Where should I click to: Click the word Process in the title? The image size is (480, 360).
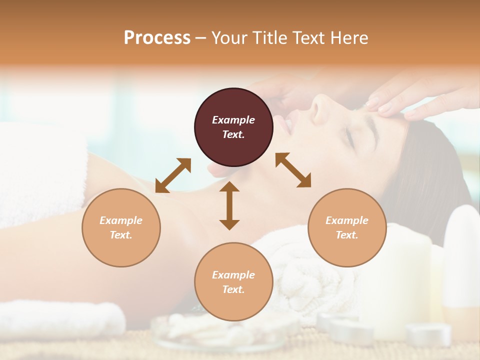(157, 38)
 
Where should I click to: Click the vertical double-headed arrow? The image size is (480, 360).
(229, 205)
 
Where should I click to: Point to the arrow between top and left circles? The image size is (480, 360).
(173, 175)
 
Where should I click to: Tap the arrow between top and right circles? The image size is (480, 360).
(293, 170)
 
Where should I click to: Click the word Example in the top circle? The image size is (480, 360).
(233, 120)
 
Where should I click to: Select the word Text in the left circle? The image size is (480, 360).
(121, 235)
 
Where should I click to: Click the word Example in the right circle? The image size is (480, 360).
(347, 220)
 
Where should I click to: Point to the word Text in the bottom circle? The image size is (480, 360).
(233, 289)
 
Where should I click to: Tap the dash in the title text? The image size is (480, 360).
(201, 38)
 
